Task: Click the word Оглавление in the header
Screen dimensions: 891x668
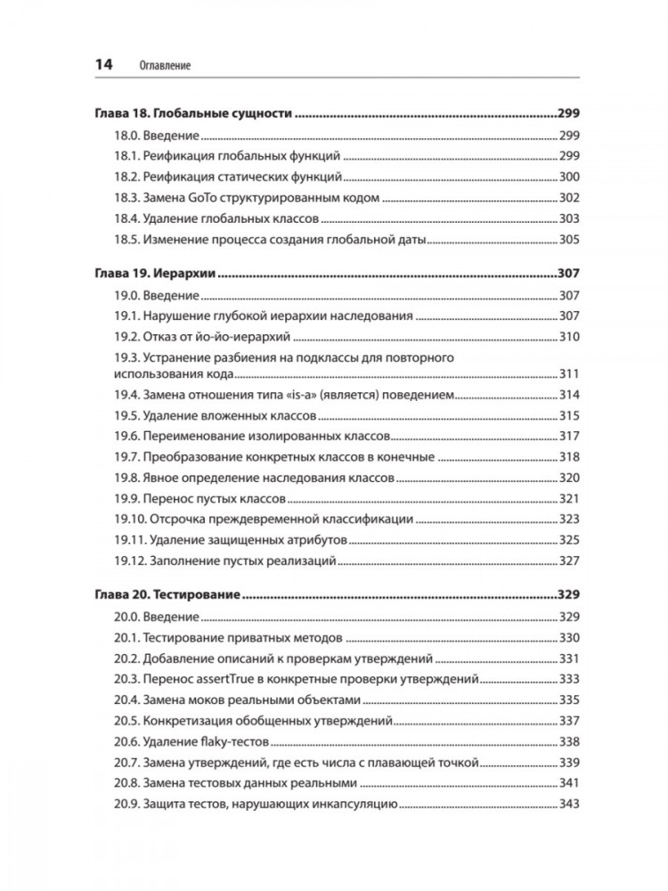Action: point(167,66)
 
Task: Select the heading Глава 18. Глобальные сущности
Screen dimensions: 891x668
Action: point(193,115)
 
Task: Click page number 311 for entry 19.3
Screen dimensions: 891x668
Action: point(568,373)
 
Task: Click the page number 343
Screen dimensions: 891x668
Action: point(568,805)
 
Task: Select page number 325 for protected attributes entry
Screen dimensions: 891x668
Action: point(568,539)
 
